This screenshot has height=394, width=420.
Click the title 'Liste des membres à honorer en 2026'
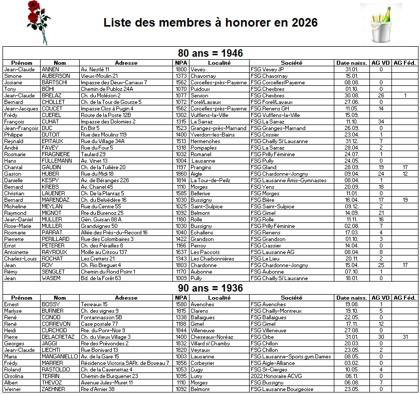click(210, 23)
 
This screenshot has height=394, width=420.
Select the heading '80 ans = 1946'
click(211, 53)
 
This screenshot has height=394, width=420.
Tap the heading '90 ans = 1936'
click(211, 288)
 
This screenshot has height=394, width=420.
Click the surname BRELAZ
click(52, 95)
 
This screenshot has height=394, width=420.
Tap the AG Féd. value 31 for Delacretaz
click(405, 337)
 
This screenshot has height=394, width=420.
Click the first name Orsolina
click(14, 376)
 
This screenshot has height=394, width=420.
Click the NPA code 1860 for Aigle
click(181, 174)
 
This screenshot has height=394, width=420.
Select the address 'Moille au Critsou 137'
click(104, 252)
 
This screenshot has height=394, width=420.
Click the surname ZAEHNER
click(53, 389)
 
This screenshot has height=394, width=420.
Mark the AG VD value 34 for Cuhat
click(381, 121)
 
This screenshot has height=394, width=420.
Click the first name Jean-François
click(21, 128)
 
